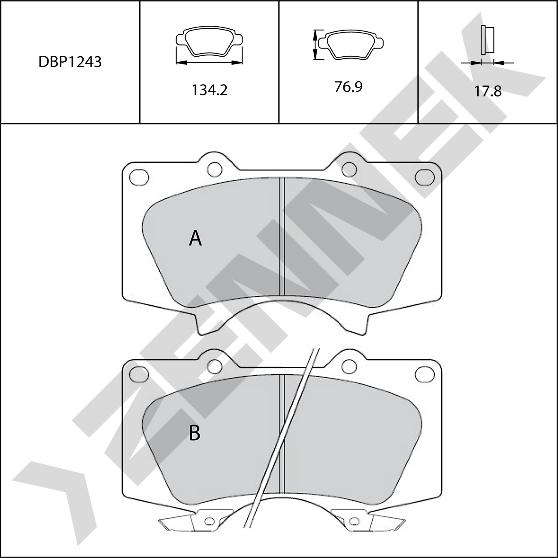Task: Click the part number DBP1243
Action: pyautogui.click(x=70, y=62)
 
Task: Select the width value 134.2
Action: pyautogui.click(x=209, y=90)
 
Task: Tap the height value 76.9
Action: pyautogui.click(x=349, y=87)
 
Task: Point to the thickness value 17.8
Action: pyautogui.click(x=488, y=91)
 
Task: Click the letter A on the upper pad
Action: pyautogui.click(x=195, y=238)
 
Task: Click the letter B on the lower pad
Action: pyautogui.click(x=194, y=433)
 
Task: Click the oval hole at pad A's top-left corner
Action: pyautogui.click(x=139, y=177)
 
